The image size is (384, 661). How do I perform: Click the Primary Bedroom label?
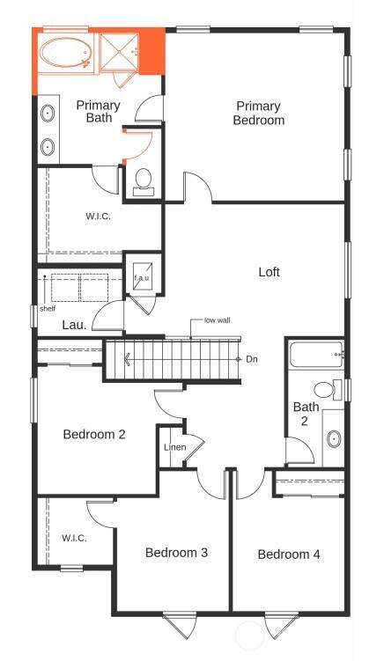pos(259,113)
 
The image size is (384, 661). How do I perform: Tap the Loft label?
pos(270,272)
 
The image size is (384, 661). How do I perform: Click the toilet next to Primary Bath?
pos(144,182)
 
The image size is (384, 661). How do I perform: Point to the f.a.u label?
pos(142,278)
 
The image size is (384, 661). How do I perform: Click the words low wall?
pos(218,320)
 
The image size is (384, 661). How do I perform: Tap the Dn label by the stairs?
pos(252,360)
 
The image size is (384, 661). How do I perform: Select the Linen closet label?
pos(174,447)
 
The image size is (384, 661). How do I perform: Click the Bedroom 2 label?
pos(94,434)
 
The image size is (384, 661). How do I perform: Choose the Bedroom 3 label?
pos(176,552)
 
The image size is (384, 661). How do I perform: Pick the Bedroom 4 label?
pos(289,554)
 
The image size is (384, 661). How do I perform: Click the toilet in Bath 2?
pos(328,390)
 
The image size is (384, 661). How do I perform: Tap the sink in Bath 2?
pos(334,439)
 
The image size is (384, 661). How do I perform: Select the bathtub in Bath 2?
pos(317,355)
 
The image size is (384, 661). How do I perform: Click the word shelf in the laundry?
pos(48,309)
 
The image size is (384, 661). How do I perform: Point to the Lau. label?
pos(74,325)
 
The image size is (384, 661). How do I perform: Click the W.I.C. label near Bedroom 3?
pos(74,538)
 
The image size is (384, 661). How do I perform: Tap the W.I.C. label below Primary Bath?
pos(99,217)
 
